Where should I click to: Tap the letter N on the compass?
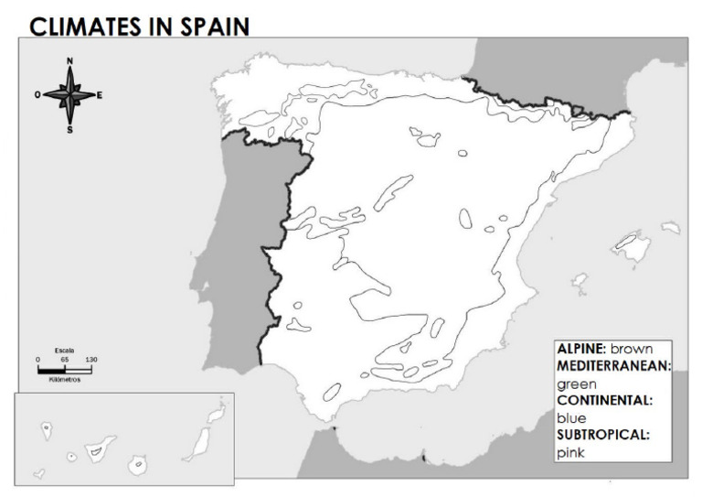pos(69,61)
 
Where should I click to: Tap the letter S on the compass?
pos(69,128)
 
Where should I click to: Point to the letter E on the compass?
pos(100,94)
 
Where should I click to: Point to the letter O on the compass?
pos(37,94)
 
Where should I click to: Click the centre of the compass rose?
pos(69,94)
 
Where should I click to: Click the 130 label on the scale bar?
pos(91,360)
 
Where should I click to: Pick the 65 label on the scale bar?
pos(65,360)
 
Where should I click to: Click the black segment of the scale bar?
pos(50,369)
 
